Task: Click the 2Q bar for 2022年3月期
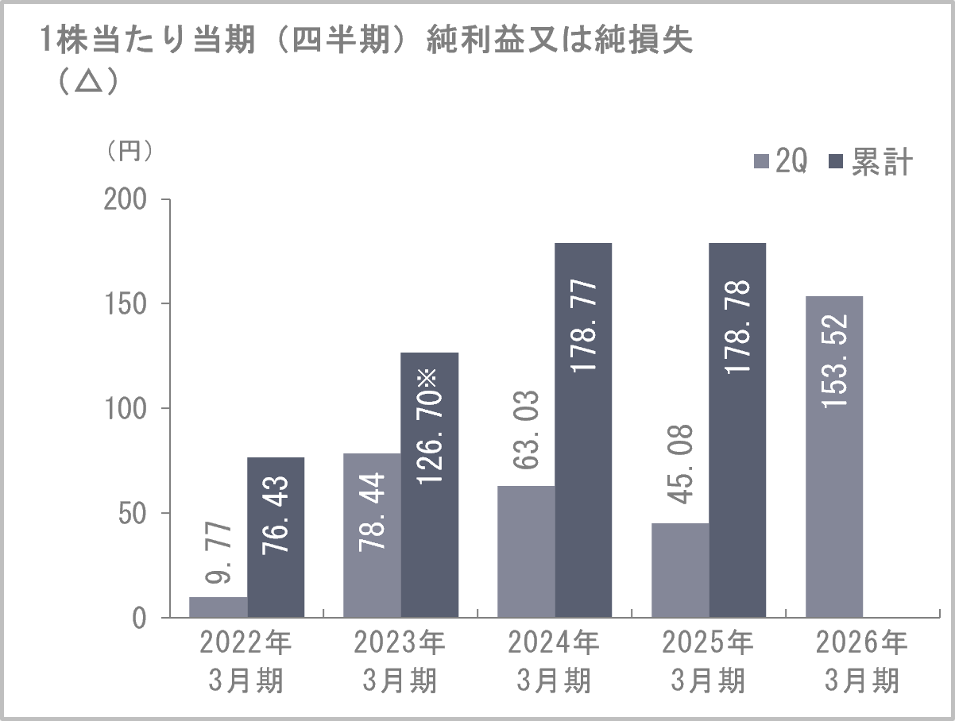click(218, 607)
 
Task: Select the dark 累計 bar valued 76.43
click(276, 538)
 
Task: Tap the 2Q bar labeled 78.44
click(372, 535)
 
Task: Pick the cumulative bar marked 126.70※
click(430, 485)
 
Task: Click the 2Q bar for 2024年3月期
click(526, 552)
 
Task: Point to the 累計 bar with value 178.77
click(583, 430)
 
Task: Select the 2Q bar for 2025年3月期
click(680, 570)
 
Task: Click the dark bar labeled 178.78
click(737, 430)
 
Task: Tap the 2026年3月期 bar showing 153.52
click(834, 457)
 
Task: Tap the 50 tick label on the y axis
click(134, 514)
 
